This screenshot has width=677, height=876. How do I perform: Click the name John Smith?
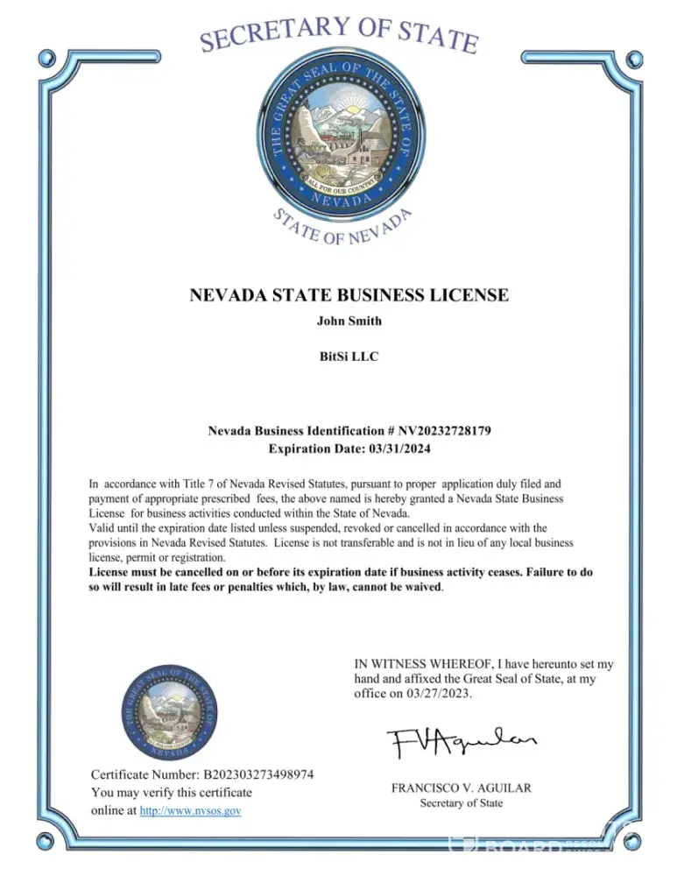[349, 321]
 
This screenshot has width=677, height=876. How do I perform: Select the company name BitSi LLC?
[349, 357]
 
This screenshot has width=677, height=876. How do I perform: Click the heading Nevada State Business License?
[349, 294]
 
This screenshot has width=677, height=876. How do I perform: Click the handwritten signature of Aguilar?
[461, 745]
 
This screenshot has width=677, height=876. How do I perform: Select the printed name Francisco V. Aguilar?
[461, 788]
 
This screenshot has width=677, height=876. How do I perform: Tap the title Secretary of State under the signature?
[461, 804]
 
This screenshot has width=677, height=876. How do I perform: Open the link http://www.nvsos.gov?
[190, 811]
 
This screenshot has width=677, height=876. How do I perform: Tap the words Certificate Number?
[145, 774]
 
